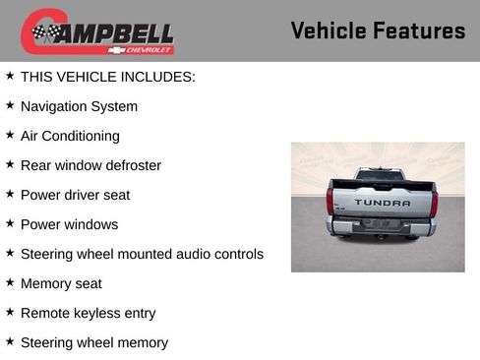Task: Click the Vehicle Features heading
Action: tap(378, 30)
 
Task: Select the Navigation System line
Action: tap(79, 106)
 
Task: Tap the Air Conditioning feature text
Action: tap(70, 136)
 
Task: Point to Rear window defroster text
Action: tap(90, 165)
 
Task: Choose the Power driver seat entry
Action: tap(75, 195)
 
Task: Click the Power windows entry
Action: tap(69, 224)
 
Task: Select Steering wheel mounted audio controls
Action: tap(142, 254)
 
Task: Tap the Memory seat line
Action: tap(61, 283)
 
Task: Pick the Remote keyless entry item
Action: tap(88, 313)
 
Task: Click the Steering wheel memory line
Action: tap(93, 342)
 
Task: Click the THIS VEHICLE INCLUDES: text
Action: tap(108, 76)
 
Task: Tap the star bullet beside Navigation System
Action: tap(10, 105)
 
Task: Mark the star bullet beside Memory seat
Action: tap(10, 282)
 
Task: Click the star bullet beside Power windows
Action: tap(10, 223)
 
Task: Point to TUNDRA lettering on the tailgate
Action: tap(383, 203)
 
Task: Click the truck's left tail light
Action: tap(330, 201)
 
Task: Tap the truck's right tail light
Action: tap(434, 202)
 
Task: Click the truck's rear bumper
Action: tap(382, 227)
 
